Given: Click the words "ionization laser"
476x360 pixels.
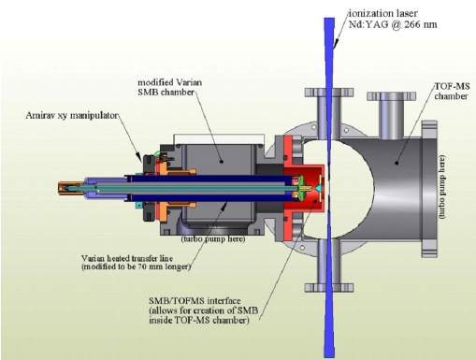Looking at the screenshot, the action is tap(382, 13).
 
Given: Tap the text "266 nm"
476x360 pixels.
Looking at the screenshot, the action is tap(421, 24).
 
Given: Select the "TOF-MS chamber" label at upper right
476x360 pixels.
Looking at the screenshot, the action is tap(452, 91).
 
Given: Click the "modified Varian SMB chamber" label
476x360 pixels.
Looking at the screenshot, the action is tap(170, 87).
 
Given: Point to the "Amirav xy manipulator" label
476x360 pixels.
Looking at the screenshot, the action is tap(72, 115).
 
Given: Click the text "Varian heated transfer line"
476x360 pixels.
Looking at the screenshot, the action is tap(127, 258).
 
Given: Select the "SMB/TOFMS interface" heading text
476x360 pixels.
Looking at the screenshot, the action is tap(195, 301).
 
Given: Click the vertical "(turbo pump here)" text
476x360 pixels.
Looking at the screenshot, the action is tap(442, 187).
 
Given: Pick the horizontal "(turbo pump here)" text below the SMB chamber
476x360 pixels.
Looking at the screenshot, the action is tap(213, 239).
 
